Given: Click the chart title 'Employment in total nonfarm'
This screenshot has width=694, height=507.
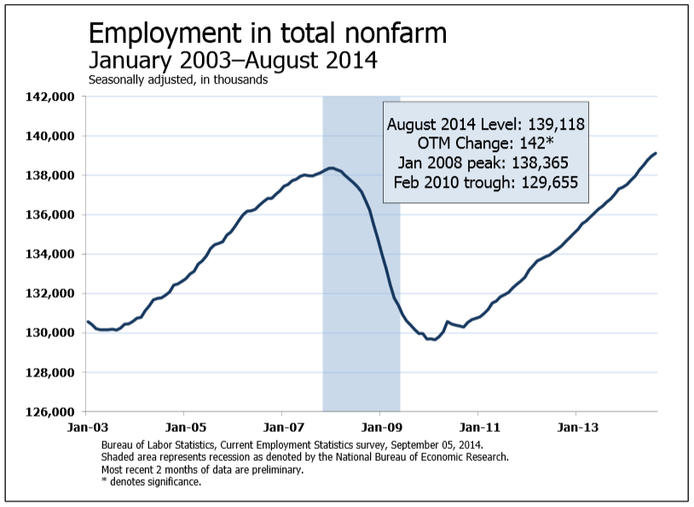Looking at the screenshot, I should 268,34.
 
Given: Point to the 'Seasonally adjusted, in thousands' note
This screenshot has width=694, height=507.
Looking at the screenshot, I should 178,80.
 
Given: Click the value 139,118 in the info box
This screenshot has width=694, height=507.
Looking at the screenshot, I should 556,124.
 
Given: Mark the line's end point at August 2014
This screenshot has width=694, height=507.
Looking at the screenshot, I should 656,154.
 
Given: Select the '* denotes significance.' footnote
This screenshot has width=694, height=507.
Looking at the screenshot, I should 151,482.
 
